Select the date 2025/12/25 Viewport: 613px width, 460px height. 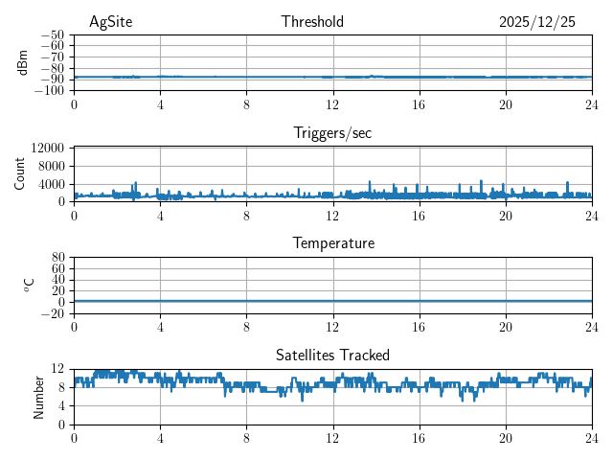536,22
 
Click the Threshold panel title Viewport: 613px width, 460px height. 312,22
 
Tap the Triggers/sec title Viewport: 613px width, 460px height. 332,133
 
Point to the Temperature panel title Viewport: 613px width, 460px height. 332,243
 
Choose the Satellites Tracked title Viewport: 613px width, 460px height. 332,355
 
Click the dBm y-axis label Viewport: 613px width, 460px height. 23,62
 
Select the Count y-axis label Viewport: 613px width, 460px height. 19,173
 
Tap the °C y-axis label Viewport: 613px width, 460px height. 29,285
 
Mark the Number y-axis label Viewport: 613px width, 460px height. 38,396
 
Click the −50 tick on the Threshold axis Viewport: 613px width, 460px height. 53,34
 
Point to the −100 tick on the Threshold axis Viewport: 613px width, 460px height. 50,91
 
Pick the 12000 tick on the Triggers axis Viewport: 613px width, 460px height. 47,148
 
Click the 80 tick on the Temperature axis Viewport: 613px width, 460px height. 57,258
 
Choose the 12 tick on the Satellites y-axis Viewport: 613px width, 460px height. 57,369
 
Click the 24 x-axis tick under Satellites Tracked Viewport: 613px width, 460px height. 591,437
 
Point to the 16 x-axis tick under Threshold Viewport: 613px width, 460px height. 419,103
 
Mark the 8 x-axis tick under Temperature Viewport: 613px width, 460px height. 246,326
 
